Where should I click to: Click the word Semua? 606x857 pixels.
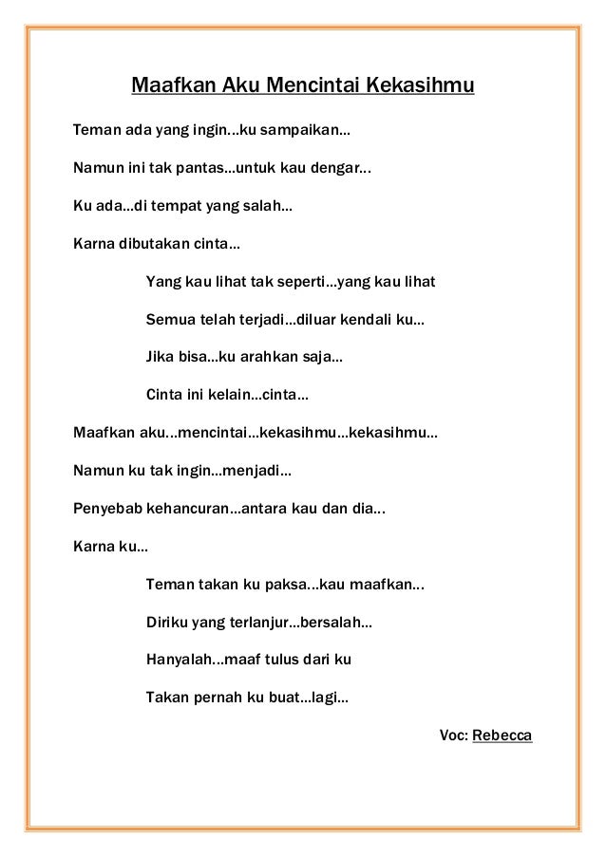[165, 322]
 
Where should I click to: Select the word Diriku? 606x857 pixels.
[165, 624]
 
